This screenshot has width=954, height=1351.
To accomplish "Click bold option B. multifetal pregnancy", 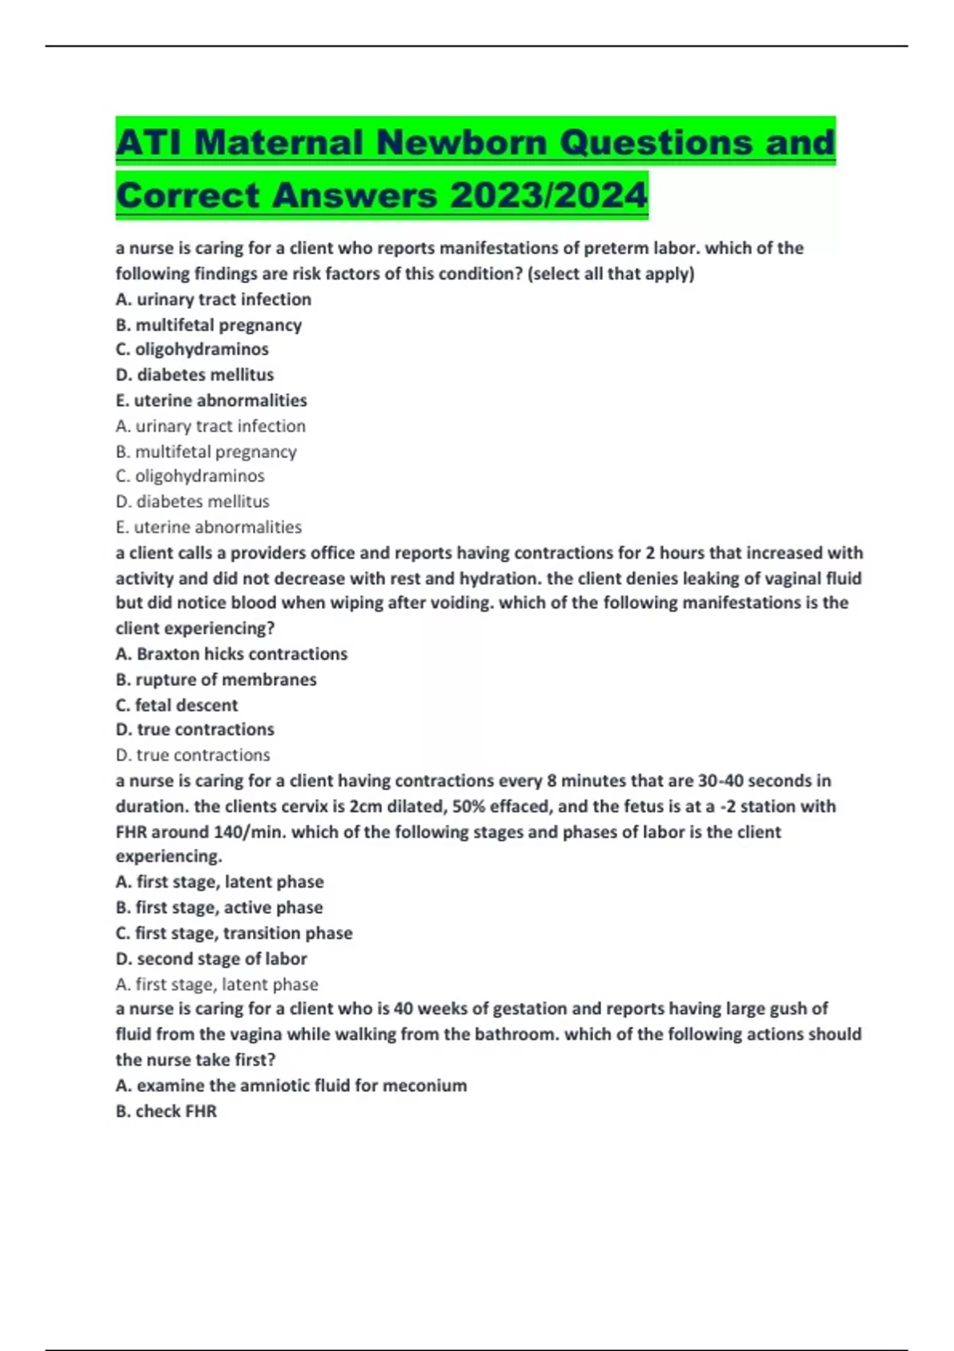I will point(208,325).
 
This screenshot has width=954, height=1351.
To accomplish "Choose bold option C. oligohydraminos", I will point(192,349).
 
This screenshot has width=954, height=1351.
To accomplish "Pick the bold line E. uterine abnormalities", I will point(211,401).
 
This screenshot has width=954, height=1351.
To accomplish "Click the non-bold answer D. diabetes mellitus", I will point(192,501).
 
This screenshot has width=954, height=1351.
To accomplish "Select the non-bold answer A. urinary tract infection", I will point(210,426).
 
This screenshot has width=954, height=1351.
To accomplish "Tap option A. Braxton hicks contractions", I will point(231,654).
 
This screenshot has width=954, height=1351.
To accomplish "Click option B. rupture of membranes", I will point(215,679).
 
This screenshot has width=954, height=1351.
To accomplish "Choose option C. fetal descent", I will point(176,705).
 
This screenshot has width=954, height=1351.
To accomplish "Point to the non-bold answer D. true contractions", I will point(192,755).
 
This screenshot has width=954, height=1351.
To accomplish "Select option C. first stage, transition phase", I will point(234,933).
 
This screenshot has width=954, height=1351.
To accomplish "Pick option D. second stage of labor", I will point(211,958).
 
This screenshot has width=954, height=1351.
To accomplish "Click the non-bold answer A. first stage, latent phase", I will point(216,984).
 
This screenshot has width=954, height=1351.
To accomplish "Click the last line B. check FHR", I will point(166,1111).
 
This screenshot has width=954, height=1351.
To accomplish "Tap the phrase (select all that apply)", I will point(611,274).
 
